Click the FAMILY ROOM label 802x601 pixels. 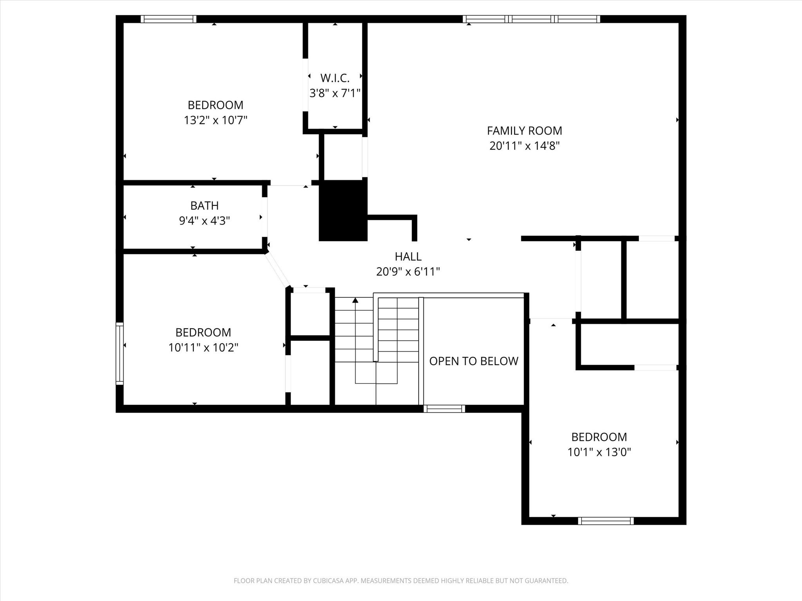(x=524, y=131)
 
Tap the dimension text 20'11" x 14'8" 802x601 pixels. (x=524, y=146)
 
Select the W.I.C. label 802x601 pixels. (x=335, y=78)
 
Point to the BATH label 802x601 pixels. (x=204, y=205)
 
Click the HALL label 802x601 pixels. (x=408, y=257)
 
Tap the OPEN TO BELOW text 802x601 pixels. (x=473, y=361)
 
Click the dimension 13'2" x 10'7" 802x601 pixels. (x=215, y=120)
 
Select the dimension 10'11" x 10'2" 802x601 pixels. (x=203, y=347)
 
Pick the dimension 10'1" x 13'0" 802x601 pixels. (x=599, y=452)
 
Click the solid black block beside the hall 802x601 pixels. (x=343, y=211)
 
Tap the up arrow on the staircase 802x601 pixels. (x=355, y=300)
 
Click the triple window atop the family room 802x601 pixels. (x=531, y=19)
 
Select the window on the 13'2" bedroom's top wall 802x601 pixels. (x=168, y=19)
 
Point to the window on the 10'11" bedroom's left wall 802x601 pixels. (x=119, y=353)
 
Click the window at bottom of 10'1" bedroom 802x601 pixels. (x=605, y=521)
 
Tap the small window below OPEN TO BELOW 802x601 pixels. (x=444, y=409)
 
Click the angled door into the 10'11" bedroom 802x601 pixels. (x=278, y=270)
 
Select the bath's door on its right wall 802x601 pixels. (x=264, y=217)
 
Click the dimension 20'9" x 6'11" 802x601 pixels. (x=408, y=272)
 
